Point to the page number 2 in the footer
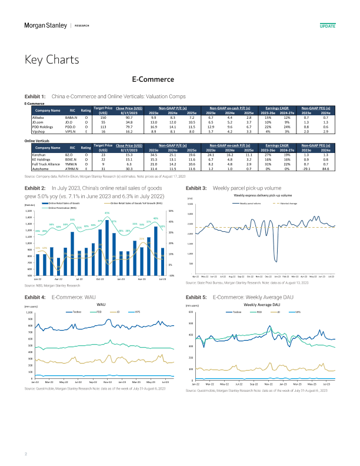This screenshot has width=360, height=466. [25, 454]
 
